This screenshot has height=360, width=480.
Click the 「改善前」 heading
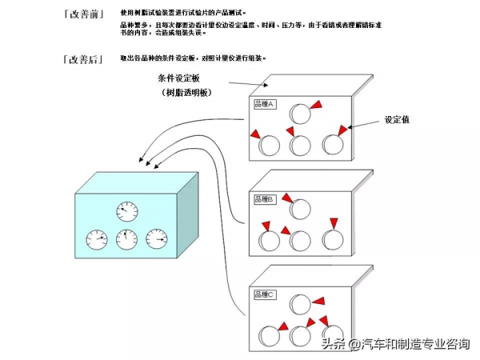pos(82,14)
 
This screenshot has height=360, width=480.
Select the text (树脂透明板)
pos(187,94)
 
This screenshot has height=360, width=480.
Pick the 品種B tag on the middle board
pos(264,198)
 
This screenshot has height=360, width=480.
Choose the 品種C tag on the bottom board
pos(264,294)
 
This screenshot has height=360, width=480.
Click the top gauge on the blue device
pos(126,212)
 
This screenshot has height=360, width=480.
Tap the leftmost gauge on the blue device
pos(96,238)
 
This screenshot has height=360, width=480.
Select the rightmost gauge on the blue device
pos(156,238)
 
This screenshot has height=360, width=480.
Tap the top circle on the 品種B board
pos(300,209)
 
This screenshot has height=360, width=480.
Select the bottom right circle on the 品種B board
pos(332,239)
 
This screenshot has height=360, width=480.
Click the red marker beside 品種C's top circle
pos(318,300)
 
